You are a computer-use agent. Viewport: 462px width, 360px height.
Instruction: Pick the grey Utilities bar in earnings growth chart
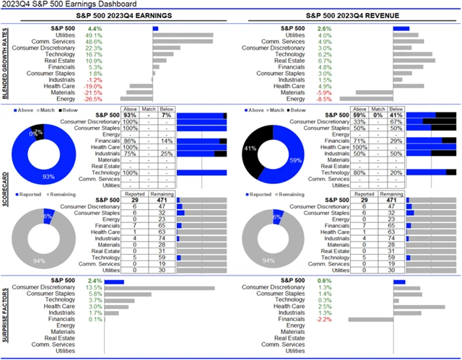(183, 35)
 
